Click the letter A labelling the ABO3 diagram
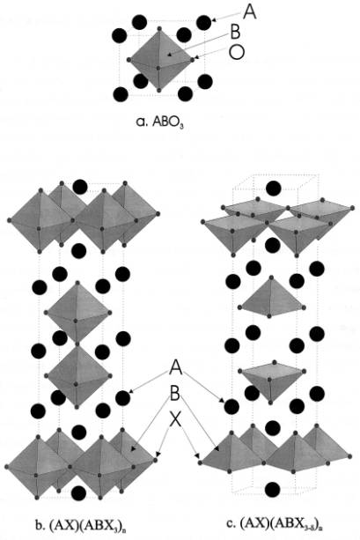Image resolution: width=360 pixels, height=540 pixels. (249, 12)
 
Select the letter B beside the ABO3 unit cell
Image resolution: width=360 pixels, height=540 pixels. (235, 33)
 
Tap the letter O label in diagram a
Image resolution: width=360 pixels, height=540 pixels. (237, 52)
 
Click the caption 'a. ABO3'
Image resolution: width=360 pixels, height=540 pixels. (159, 122)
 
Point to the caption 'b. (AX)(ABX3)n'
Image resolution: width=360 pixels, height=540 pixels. (82, 526)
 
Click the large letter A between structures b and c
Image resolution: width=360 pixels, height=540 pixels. (175, 368)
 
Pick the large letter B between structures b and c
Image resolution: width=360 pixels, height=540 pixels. (175, 394)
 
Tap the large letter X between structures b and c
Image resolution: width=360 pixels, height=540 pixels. (175, 420)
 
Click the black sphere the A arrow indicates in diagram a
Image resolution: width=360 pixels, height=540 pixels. (203, 22)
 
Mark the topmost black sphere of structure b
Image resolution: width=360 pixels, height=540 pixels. (80, 187)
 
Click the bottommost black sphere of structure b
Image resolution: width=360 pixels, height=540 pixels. (79, 492)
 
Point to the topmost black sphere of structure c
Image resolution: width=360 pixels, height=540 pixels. (274, 188)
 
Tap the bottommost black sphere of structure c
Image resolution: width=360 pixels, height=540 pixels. (273, 489)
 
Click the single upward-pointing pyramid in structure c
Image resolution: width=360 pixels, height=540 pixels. (272, 296)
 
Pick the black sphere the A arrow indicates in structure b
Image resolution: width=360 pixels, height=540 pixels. (122, 398)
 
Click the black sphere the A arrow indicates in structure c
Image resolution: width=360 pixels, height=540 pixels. (231, 407)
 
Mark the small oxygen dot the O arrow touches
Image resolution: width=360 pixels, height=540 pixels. (193, 59)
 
